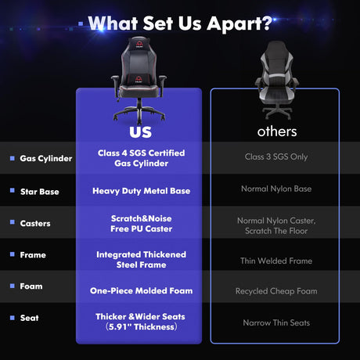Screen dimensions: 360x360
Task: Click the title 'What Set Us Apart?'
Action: click(180, 23)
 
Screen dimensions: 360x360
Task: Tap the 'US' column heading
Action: click(141, 132)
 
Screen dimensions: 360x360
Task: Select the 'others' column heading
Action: click(277, 131)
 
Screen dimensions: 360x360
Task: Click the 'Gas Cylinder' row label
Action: click(46, 158)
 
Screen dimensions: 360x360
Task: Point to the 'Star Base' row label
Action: click(40, 192)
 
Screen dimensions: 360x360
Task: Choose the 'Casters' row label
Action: click(35, 224)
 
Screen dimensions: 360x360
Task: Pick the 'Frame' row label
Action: click(33, 255)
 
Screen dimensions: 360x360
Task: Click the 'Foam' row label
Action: click(31, 286)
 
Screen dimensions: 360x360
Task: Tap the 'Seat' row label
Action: click(30, 318)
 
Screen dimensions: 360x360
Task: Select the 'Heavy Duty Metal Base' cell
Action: click(142, 191)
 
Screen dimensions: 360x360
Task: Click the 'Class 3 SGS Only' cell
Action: click(276, 157)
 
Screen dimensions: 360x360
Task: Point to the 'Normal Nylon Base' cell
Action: click(276, 189)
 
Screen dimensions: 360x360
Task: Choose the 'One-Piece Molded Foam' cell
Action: click(142, 290)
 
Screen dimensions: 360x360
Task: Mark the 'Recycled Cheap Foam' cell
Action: click(276, 291)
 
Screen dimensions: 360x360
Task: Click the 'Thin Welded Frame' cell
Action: click(276, 261)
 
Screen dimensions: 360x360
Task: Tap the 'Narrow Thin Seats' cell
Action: click(276, 322)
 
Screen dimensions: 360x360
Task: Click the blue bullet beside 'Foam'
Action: click(13, 286)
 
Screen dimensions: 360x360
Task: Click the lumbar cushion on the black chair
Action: click(139, 79)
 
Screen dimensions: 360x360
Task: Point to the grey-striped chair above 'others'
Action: click(276, 81)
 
